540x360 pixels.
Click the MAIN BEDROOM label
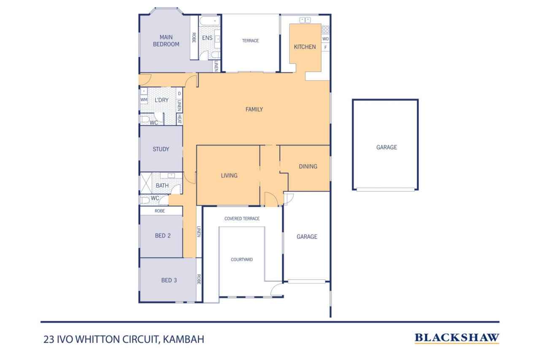(x=166, y=41)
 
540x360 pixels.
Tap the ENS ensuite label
(x=207, y=38)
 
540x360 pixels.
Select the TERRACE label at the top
(x=250, y=41)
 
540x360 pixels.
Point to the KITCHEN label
(x=305, y=47)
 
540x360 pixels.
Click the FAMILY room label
(x=254, y=109)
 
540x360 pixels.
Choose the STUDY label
(x=161, y=149)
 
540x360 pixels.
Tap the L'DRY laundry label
(x=162, y=100)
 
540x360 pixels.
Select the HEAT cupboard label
(x=179, y=119)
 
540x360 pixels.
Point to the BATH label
(x=162, y=185)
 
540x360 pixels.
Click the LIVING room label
(x=229, y=176)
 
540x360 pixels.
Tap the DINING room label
(x=308, y=166)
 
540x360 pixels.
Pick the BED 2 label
(x=162, y=235)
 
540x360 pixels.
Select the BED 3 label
(x=169, y=280)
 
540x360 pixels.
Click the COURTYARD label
(x=242, y=260)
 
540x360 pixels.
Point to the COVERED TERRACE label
(x=242, y=219)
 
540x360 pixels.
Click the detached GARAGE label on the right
(x=386, y=147)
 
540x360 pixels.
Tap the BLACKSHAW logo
(x=457, y=338)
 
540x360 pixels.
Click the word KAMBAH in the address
(x=184, y=339)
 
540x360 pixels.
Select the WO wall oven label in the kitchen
(x=325, y=39)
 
